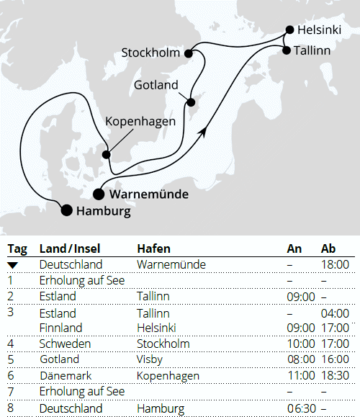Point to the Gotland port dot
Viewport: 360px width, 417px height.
tap(191, 102)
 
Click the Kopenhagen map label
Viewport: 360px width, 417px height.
tap(140, 121)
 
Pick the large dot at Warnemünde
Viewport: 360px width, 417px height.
tap(98, 193)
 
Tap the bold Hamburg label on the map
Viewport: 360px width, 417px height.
tap(103, 211)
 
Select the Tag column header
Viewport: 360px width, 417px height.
tap(17, 248)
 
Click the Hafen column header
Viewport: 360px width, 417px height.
tap(153, 248)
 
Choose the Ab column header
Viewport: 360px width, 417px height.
tap(328, 248)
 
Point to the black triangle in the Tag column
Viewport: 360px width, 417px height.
tap(13, 265)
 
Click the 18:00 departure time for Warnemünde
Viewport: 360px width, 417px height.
tap(335, 265)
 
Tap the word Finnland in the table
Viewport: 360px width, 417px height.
tap(60, 328)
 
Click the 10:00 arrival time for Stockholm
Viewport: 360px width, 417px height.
tap(301, 344)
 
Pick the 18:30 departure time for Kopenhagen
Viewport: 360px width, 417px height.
tap(335, 375)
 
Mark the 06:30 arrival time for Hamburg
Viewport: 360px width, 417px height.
tap(301, 408)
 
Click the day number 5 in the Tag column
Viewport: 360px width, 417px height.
tap(11, 359)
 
